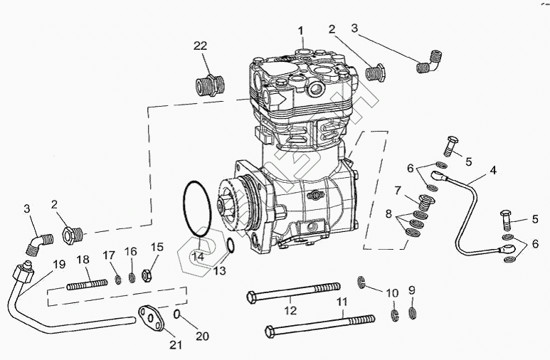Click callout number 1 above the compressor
pyautogui.click(x=301, y=31)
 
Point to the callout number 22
pyautogui.click(x=201, y=46)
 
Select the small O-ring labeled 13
pyautogui.click(x=231, y=246)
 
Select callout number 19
pyautogui.click(x=59, y=264)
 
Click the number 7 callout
pyautogui.click(x=398, y=189)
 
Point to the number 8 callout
pyautogui.click(x=388, y=213)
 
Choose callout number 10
pyautogui.click(x=392, y=292)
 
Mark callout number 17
pyautogui.click(x=109, y=255)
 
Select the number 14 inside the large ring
pyautogui.click(x=198, y=255)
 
